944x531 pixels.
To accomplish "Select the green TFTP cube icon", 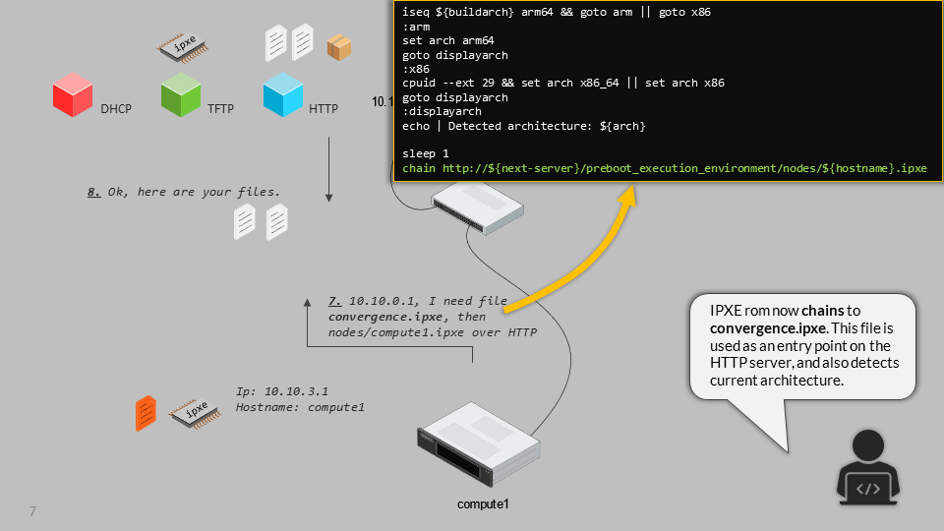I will click(x=181, y=95).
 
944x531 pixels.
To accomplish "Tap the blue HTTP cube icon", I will click(x=283, y=95).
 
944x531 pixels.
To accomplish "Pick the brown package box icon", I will click(x=339, y=46).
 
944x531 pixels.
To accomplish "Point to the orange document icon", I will click(x=146, y=413).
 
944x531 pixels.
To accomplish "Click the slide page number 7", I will click(x=32, y=511).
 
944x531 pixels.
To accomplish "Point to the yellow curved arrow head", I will click(x=625, y=198).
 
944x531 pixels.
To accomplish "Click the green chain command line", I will click(x=665, y=168).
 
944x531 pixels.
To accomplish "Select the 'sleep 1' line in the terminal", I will click(x=426, y=153).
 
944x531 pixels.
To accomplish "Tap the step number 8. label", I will click(x=94, y=193).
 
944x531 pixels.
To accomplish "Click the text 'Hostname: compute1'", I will click(x=300, y=407).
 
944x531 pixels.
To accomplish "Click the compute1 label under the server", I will click(x=484, y=504).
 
